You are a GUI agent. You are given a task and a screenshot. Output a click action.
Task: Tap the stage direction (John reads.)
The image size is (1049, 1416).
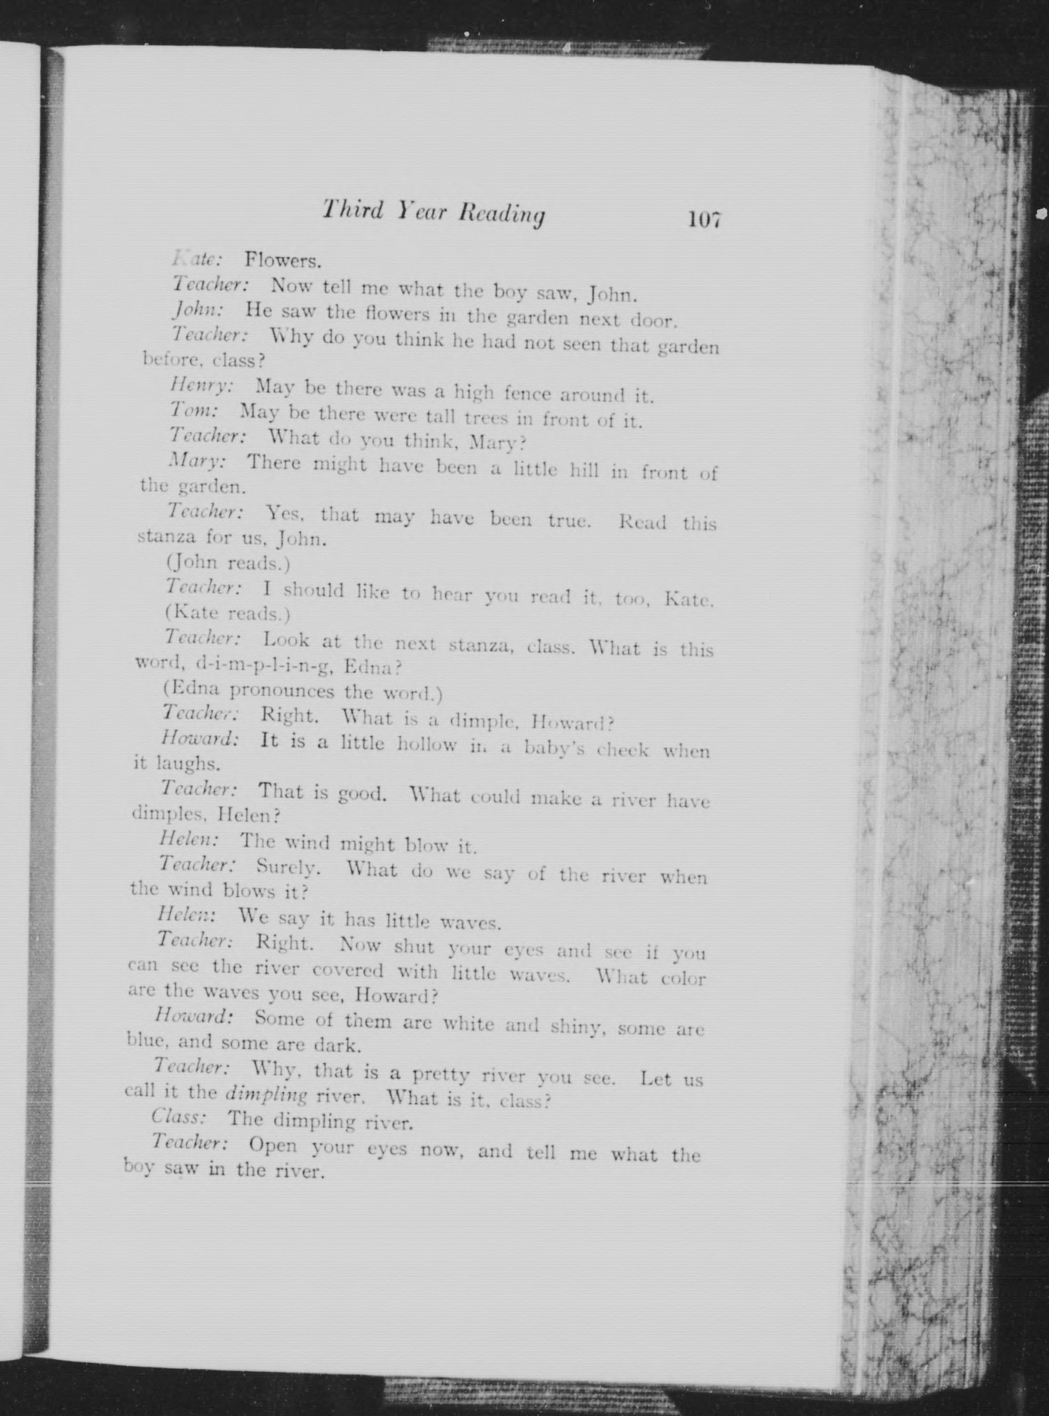227,563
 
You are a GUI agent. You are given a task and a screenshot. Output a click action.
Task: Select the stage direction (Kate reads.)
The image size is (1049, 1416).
227,614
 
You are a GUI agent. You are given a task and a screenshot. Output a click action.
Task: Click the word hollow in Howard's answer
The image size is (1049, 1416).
427,744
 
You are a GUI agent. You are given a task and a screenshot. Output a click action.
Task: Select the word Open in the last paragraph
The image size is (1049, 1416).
273,1144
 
